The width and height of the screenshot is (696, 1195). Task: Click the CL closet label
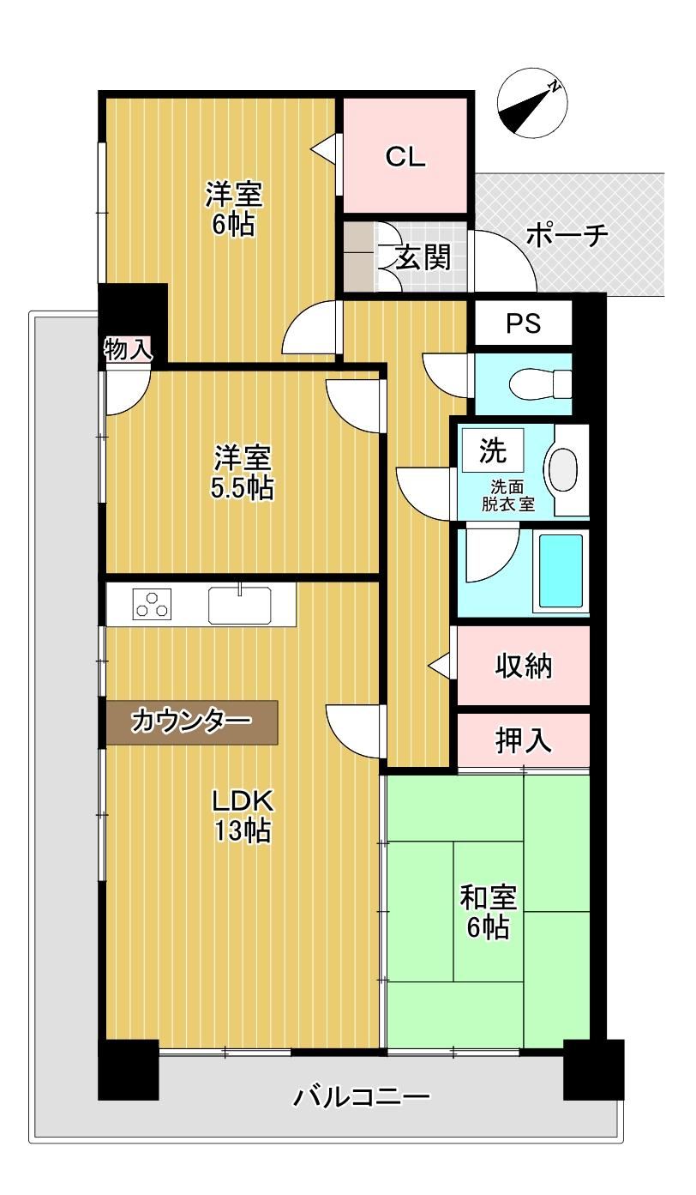(x=405, y=157)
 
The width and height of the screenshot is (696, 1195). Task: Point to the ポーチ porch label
(x=567, y=235)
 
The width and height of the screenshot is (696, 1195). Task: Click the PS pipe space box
(x=524, y=323)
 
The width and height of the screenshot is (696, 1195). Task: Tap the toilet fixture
(x=540, y=383)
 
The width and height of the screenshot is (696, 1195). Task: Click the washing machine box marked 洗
(x=492, y=450)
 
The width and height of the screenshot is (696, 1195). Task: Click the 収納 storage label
(x=524, y=667)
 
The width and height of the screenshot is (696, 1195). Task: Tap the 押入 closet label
(x=524, y=740)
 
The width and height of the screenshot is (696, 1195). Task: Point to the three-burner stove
(x=153, y=605)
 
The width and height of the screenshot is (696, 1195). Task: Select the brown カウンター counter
(x=192, y=721)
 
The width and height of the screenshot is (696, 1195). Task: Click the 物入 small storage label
(x=128, y=350)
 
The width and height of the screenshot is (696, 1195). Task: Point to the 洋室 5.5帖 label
(x=243, y=472)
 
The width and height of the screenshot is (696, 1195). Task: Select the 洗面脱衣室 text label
(x=508, y=496)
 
